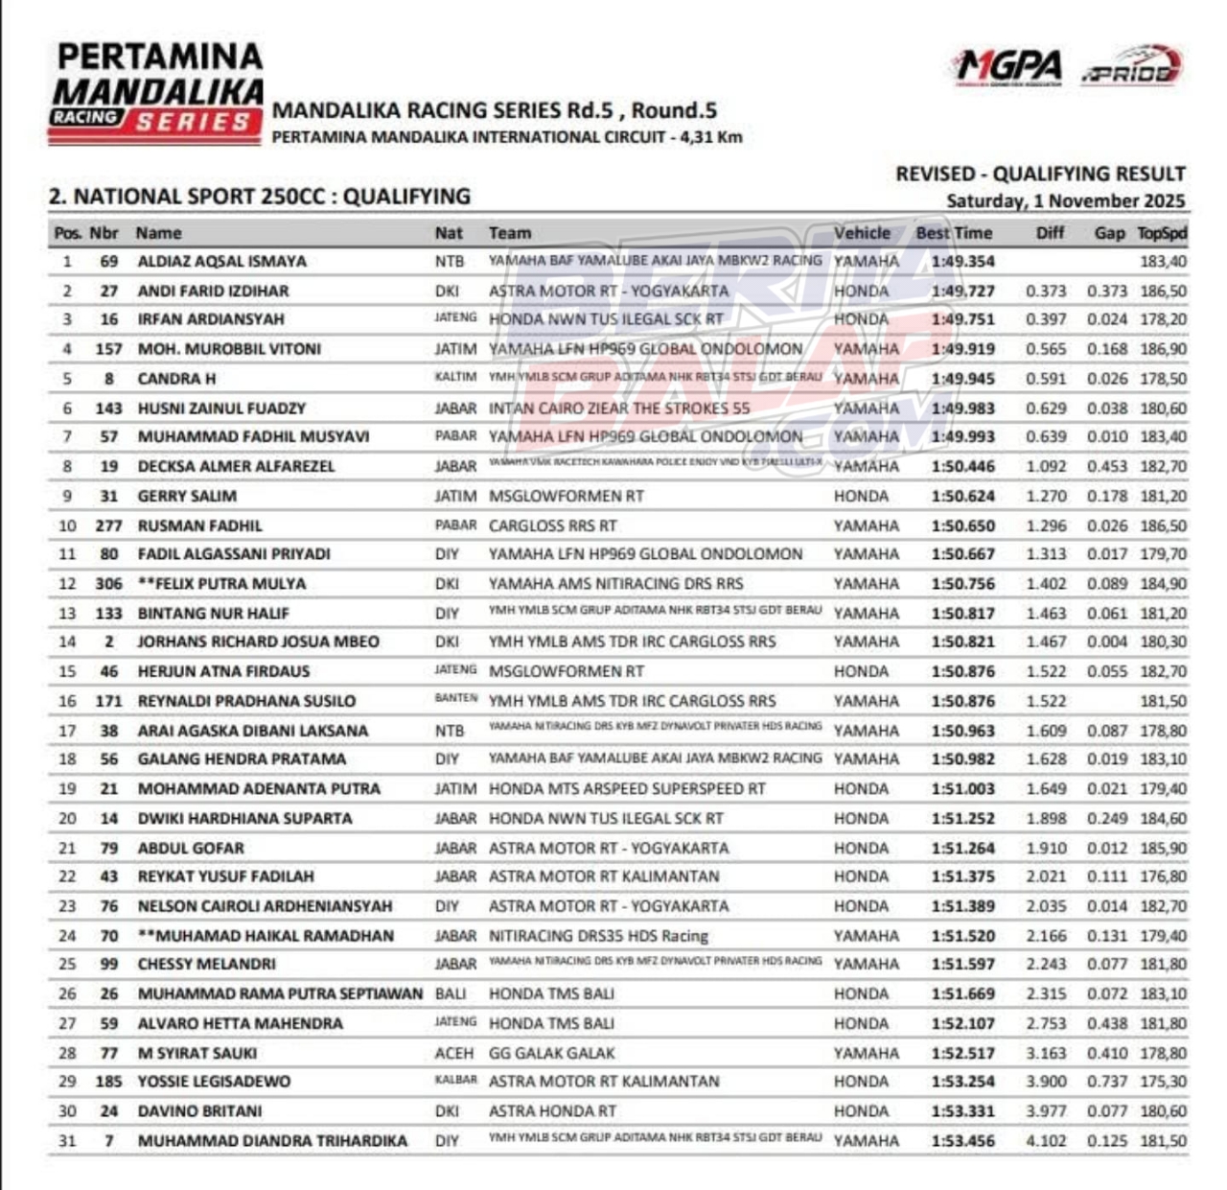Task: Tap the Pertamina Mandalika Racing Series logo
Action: (156, 93)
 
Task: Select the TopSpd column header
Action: (1162, 233)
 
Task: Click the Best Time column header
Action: (954, 233)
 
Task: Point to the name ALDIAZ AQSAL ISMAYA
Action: (222, 261)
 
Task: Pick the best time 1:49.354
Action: (962, 261)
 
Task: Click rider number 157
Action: (108, 349)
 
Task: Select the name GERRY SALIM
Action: (187, 496)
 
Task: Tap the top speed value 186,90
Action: (1163, 349)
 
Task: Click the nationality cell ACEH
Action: (453, 1053)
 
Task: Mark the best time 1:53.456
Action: (962, 1141)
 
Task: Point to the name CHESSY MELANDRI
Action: (206, 964)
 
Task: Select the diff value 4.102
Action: (1046, 1141)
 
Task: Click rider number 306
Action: (108, 584)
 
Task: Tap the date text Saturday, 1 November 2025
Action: (1065, 201)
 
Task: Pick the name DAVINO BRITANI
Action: (199, 1111)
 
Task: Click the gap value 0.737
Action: (1107, 1082)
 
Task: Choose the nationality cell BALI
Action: (451, 994)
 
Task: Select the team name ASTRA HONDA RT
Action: (552, 1111)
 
